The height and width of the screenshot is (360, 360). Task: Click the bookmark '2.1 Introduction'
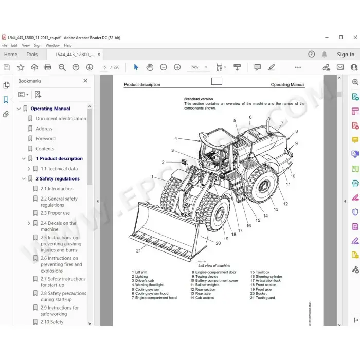click(x=57, y=189)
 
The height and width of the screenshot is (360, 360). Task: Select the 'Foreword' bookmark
click(x=45, y=139)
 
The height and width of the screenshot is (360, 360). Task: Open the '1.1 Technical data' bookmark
click(x=59, y=169)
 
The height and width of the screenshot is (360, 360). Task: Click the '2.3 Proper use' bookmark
click(x=55, y=213)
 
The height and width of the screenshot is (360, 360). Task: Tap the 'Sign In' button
click(x=346, y=55)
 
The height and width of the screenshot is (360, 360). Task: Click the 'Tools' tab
click(x=32, y=55)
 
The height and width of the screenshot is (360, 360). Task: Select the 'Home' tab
click(x=10, y=55)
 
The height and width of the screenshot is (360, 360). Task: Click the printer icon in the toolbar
click(x=48, y=67)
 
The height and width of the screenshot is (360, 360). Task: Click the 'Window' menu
click(x=52, y=45)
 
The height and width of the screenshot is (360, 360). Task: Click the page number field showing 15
click(x=104, y=67)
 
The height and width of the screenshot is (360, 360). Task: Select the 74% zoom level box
click(x=195, y=67)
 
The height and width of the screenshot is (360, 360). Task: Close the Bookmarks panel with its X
click(x=85, y=81)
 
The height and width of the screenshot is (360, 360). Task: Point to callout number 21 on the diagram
click(x=138, y=250)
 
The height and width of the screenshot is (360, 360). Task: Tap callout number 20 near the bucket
click(x=218, y=243)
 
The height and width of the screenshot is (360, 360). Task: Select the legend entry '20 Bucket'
click(x=259, y=293)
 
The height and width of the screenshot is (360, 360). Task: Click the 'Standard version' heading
click(x=199, y=99)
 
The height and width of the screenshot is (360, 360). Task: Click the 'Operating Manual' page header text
click(x=287, y=85)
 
